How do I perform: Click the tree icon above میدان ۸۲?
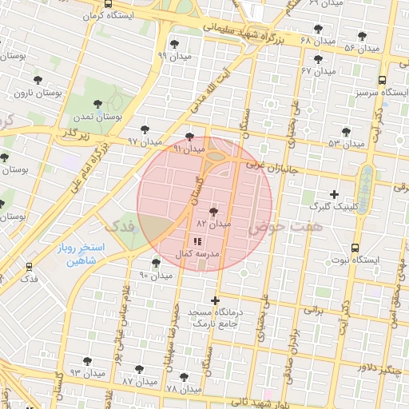coord(213,212)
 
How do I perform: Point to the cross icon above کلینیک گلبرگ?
coord(334,194)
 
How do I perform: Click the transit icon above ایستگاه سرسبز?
coord(382,81)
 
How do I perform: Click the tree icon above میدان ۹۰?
coord(156,262)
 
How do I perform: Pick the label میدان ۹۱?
coord(189,149)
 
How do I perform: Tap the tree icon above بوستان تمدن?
coord(97,104)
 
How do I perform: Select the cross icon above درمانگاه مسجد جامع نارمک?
coord(215,300)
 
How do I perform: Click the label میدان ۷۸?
coord(183,389)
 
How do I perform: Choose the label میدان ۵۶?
coord(361,49)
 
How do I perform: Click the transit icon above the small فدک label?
coord(29,266)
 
